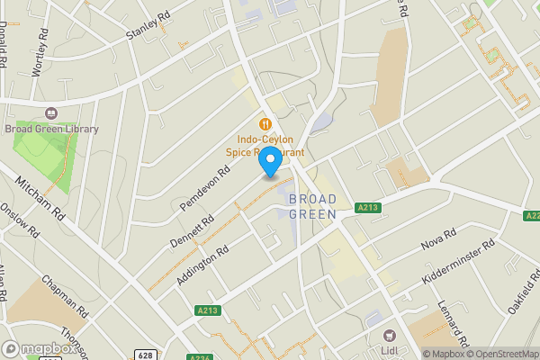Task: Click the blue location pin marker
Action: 270,165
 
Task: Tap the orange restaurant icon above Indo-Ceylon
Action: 265,123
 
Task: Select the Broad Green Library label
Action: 51,130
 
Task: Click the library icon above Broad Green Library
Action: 50,114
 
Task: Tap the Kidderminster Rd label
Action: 458,266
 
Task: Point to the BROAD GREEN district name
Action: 312,206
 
